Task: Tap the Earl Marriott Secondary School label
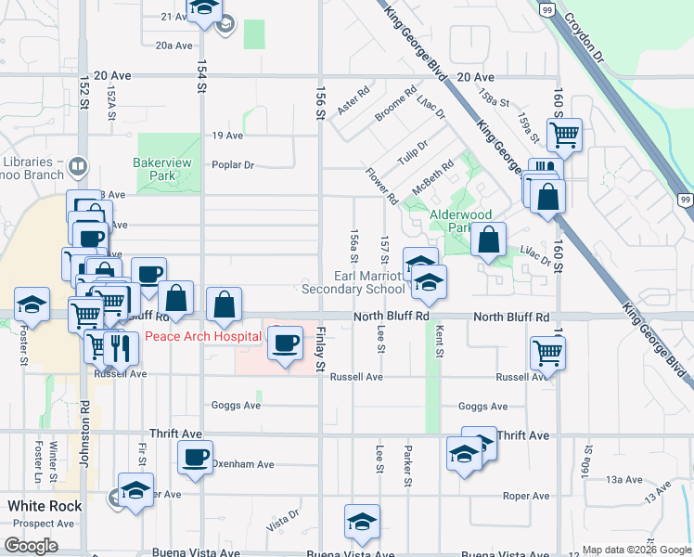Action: point(368,282)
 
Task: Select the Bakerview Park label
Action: point(154,168)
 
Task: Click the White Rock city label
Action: point(45,507)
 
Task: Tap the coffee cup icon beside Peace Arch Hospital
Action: point(285,343)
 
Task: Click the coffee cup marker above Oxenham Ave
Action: point(196,458)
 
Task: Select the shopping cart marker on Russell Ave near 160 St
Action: point(547,353)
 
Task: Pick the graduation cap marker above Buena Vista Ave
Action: point(362,523)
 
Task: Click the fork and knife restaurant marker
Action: point(122,348)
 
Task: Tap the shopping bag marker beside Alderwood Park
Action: point(488,240)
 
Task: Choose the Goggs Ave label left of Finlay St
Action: point(237,406)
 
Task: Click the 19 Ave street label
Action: point(227,136)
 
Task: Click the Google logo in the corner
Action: point(32,546)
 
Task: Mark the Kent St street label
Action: point(438,344)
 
